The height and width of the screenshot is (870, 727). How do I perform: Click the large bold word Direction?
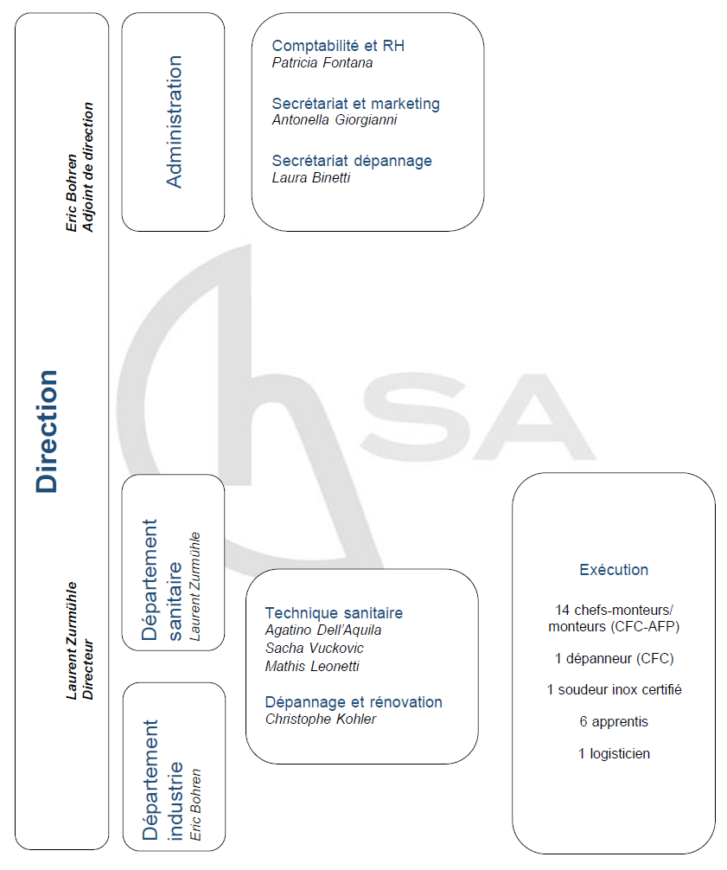point(48,431)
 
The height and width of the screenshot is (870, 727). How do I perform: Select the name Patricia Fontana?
point(322,62)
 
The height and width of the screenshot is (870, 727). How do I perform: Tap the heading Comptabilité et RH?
point(338,46)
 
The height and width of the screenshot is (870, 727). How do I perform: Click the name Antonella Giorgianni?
point(335,120)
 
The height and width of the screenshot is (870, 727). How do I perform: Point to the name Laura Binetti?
point(311,177)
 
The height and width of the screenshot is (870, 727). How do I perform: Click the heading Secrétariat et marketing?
point(355,104)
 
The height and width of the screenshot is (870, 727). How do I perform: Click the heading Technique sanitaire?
point(334,613)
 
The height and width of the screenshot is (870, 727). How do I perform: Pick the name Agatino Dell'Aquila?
point(323,630)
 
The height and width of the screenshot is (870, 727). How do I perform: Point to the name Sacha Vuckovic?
point(315,649)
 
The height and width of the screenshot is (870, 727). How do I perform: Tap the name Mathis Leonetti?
point(311,666)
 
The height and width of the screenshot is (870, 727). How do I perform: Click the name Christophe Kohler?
point(321,719)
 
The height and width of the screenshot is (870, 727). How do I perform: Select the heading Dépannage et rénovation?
point(354,702)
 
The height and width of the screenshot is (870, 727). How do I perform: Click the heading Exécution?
point(614,570)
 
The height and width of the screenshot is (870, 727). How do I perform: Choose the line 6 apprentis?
point(614,721)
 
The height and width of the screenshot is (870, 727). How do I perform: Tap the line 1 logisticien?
point(614,753)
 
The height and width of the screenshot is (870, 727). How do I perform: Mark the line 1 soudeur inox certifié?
point(614,689)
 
